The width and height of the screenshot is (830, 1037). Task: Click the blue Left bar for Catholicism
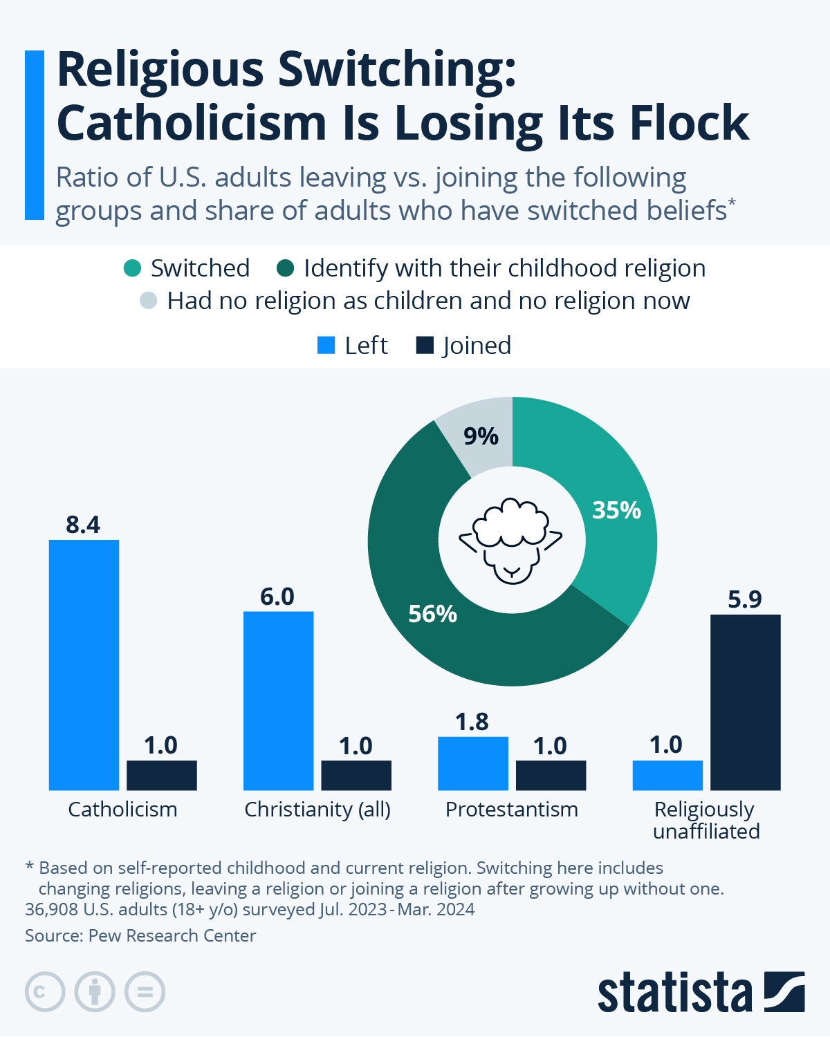click(x=84, y=665)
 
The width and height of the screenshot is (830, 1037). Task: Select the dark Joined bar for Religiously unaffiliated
click(x=745, y=702)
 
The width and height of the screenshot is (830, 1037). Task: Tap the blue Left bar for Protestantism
click(x=473, y=763)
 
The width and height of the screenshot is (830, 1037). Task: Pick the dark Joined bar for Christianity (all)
click(x=356, y=775)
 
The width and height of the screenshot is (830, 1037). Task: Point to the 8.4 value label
click(x=83, y=525)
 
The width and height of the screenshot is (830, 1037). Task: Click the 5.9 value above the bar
click(x=745, y=599)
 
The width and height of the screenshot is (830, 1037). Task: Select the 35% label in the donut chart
click(x=616, y=510)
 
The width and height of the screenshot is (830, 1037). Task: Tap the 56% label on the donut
click(x=432, y=614)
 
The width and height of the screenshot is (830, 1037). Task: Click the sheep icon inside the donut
click(x=512, y=540)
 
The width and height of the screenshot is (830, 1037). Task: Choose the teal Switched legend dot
click(x=132, y=268)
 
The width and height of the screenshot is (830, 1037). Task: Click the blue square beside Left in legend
click(x=326, y=345)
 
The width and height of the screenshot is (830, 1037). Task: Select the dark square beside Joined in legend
click(x=424, y=345)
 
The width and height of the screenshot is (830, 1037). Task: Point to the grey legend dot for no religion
click(x=148, y=301)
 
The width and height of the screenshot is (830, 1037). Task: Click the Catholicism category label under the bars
click(x=122, y=810)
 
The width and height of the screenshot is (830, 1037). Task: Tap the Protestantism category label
click(x=512, y=810)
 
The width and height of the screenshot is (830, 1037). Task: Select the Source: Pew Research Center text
click(x=140, y=935)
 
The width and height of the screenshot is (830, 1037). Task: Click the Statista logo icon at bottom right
click(x=784, y=992)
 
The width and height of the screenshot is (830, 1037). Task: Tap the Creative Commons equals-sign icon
click(x=145, y=992)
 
